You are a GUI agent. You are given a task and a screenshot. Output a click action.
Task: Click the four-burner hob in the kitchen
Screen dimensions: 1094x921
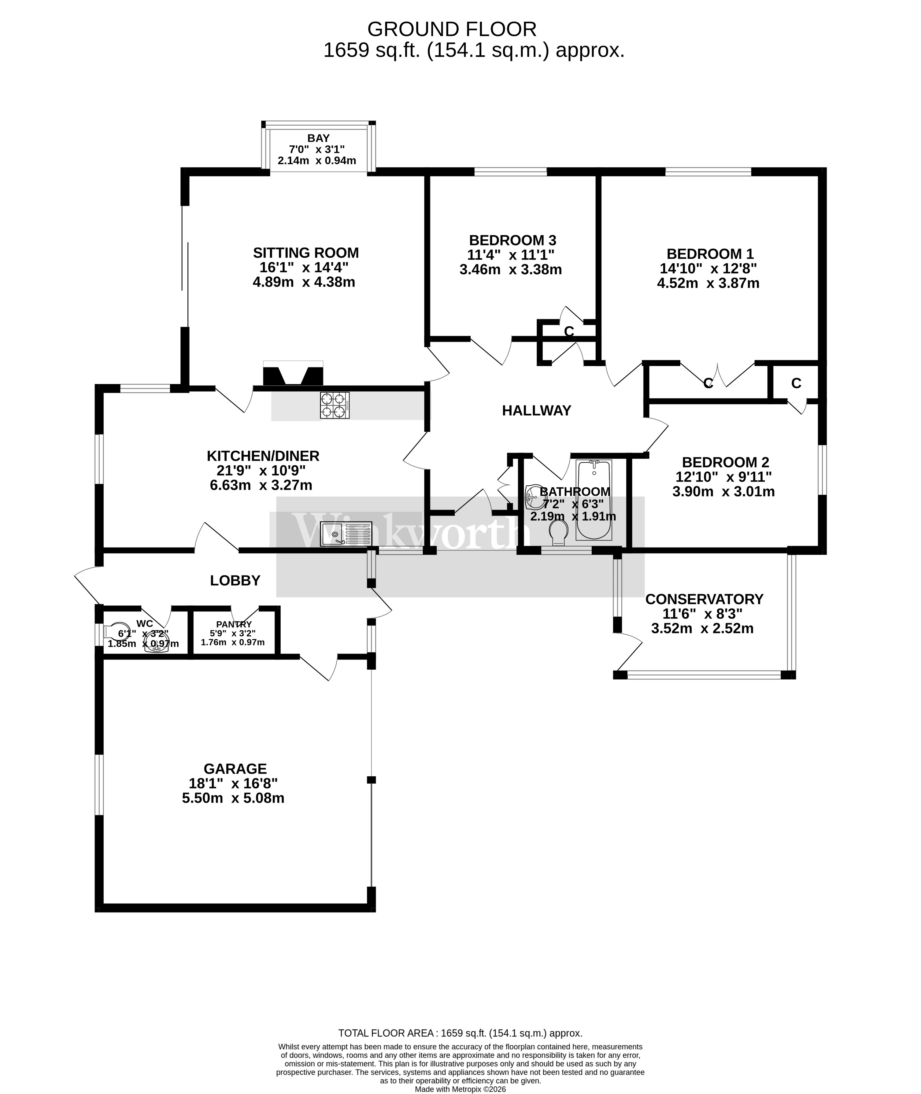point(335,405)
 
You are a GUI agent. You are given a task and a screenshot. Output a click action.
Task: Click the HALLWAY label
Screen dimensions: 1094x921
point(536,411)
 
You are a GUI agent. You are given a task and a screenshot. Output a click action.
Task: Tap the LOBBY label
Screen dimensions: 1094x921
point(235,580)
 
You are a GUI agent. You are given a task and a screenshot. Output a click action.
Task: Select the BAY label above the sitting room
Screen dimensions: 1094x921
point(319,138)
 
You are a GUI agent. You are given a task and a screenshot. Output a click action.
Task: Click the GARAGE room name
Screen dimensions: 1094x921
point(235,769)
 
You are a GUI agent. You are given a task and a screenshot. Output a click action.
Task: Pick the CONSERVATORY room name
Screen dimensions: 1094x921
point(704,599)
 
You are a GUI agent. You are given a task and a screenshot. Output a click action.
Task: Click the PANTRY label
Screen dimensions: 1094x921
point(234,624)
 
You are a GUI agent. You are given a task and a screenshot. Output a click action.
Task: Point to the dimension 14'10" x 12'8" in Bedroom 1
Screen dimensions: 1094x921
point(708,268)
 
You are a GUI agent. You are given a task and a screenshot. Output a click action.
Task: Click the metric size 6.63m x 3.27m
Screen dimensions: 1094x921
point(261,486)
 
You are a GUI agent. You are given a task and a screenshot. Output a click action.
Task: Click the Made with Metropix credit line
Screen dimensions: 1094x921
point(460,1089)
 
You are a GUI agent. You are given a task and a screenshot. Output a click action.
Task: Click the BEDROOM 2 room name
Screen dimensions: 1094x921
point(725,462)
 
